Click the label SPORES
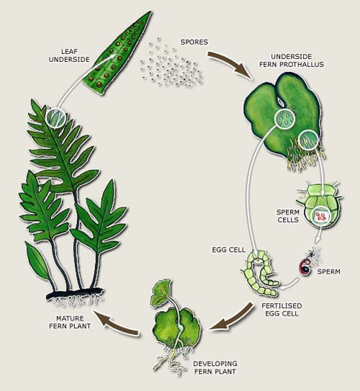click(x=194, y=42)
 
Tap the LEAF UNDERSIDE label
click(x=69, y=55)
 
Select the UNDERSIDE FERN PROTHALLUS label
click(x=291, y=60)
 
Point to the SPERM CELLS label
click(x=287, y=216)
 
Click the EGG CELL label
click(x=228, y=250)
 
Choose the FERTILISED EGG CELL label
click(x=282, y=310)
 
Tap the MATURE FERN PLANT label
click(x=70, y=322)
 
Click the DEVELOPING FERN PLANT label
click(x=215, y=367)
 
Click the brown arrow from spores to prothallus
click(x=230, y=63)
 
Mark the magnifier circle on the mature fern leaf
click(x=55, y=118)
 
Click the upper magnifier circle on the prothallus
click(x=284, y=120)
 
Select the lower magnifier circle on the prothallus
click(x=308, y=140)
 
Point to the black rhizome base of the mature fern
click(x=75, y=293)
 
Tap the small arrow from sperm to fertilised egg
click(x=289, y=284)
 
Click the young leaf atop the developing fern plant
click(x=161, y=292)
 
